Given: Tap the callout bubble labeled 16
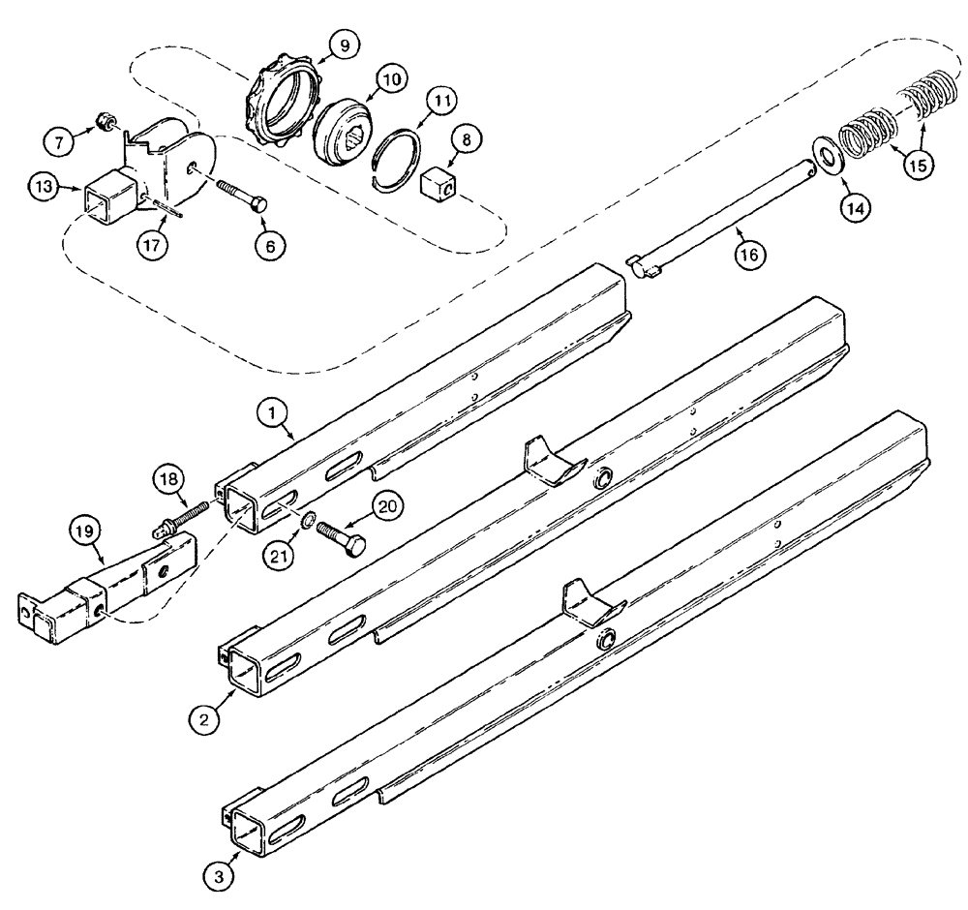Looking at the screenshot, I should [x=751, y=255].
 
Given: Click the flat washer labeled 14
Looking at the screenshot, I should [x=829, y=156].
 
